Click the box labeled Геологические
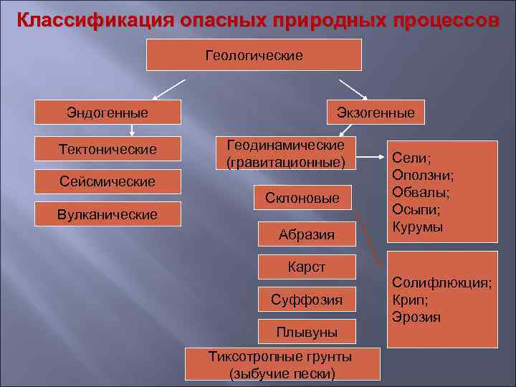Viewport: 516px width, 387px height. coord(254,55)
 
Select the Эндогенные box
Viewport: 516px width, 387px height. coord(107,113)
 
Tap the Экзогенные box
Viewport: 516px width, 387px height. coord(376,113)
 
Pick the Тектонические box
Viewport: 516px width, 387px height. coord(107,150)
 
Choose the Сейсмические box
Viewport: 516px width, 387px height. coord(107,181)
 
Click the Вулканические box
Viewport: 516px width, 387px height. coord(107,214)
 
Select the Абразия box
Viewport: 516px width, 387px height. coord(307,232)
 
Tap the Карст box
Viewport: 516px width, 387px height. coord(307,267)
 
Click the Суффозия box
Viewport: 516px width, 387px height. coord(307,299)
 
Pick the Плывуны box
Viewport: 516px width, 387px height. coord(307,332)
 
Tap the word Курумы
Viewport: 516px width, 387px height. coord(417,227)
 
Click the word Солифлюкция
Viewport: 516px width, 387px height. coord(440,284)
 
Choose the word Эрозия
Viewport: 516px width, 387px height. coord(416,317)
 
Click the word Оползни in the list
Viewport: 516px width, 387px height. coord(422,176)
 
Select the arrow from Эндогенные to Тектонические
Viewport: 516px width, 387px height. coord(131,130)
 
